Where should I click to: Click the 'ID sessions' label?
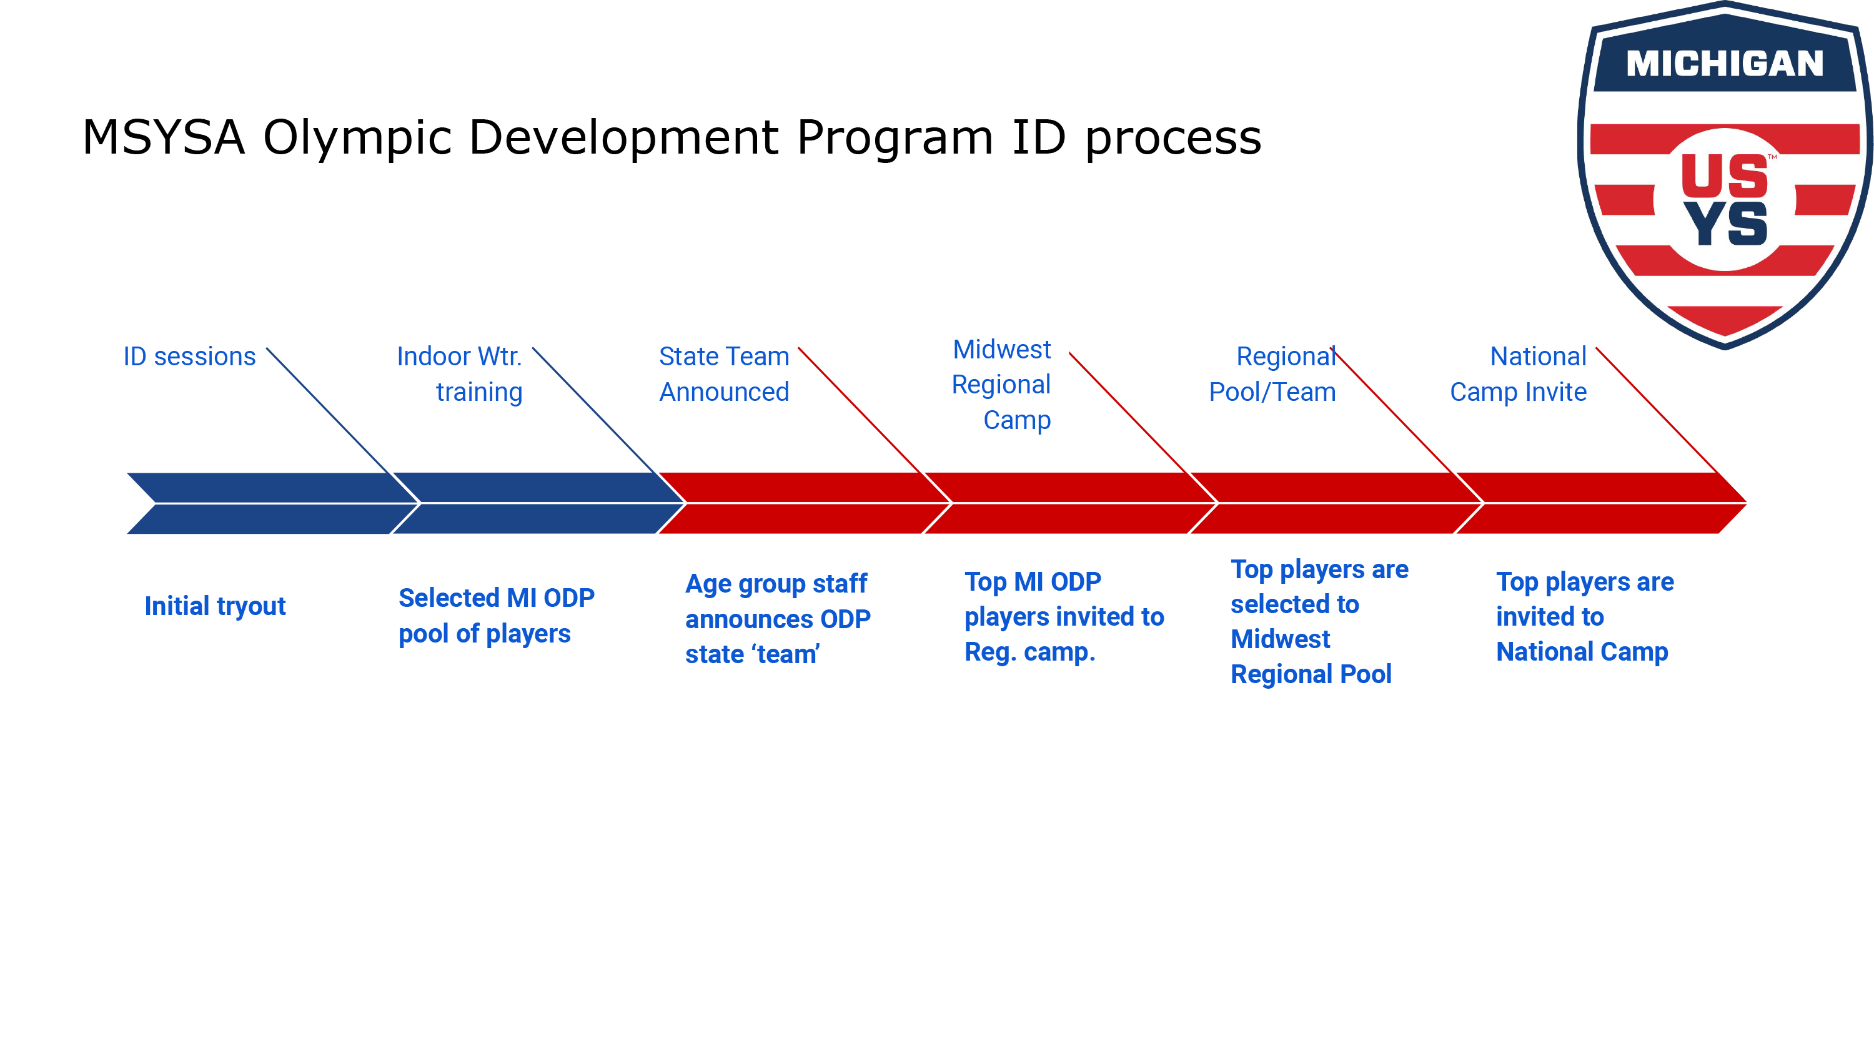[189, 357]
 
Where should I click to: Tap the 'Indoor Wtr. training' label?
[460, 374]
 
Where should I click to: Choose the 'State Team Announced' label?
[724, 374]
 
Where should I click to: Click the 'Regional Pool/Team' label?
[1272, 374]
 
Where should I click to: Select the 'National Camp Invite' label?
[1519, 374]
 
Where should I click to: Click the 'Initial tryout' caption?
[215, 606]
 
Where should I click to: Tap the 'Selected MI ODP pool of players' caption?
[496, 616]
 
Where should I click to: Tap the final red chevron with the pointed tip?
[1600, 503]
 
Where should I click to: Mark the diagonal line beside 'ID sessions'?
[329, 410]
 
